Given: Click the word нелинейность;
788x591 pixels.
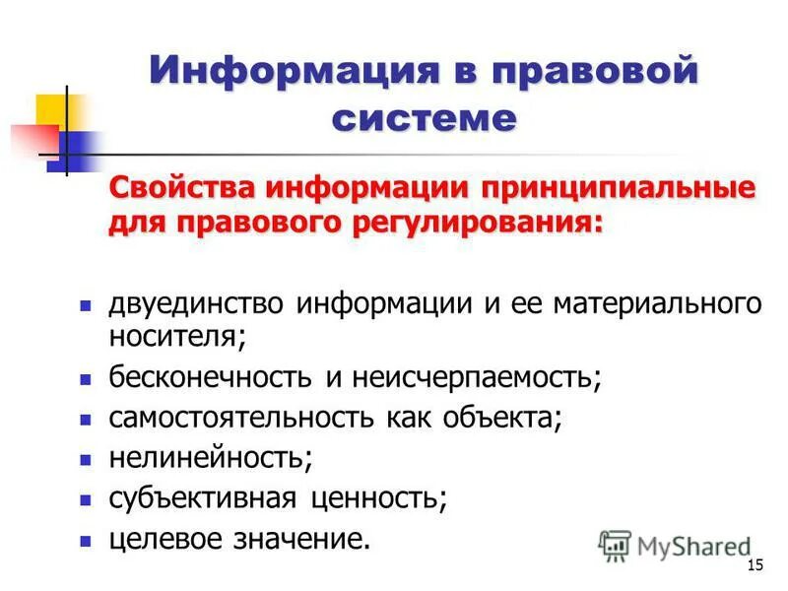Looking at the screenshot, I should (210, 458).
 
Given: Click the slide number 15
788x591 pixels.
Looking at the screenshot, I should (756, 564).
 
